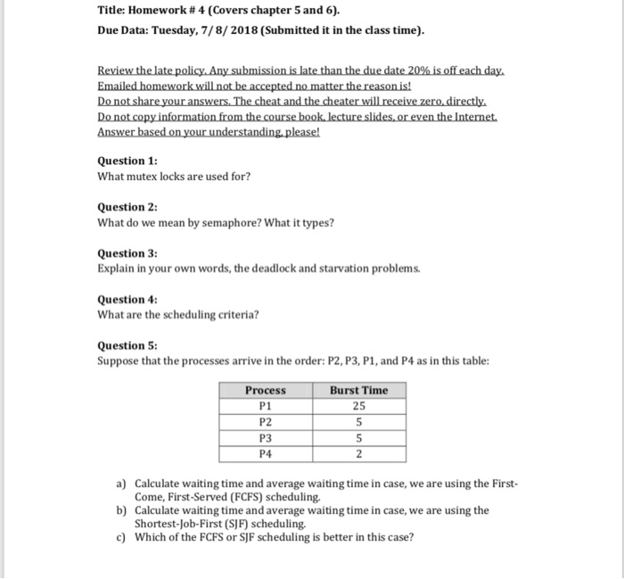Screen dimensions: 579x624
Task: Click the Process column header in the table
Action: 266,390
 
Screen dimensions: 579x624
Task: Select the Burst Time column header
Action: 358,390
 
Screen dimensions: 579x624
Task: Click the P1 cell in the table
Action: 266,406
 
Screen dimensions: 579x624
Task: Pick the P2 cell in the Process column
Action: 266,422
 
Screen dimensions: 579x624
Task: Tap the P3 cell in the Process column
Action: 266,438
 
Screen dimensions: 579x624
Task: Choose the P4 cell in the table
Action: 266,454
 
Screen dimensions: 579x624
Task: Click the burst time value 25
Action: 358,406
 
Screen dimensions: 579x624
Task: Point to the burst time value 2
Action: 358,454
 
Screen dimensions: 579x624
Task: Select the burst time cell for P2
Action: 358,422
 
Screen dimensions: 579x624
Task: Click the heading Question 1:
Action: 127,161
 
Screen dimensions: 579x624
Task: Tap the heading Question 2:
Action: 127,207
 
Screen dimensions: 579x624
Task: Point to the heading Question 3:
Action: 127,253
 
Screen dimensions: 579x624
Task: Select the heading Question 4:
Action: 127,300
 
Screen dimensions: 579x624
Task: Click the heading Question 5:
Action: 127,346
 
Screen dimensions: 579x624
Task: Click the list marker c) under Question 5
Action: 122,537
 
